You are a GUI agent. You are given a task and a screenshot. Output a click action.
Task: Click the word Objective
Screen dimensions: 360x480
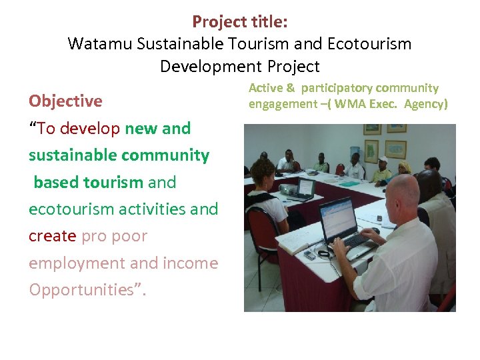pos(65,101)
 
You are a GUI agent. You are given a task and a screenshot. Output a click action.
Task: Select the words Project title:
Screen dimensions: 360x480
pos(240,21)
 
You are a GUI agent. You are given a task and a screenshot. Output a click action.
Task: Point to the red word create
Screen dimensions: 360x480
pos(53,236)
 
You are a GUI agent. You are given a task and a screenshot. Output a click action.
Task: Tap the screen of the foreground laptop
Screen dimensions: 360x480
pos(338,218)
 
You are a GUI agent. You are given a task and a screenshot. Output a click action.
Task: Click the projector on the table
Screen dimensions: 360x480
pos(288,190)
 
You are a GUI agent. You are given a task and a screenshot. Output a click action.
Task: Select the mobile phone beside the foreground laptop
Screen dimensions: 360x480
pos(310,255)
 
